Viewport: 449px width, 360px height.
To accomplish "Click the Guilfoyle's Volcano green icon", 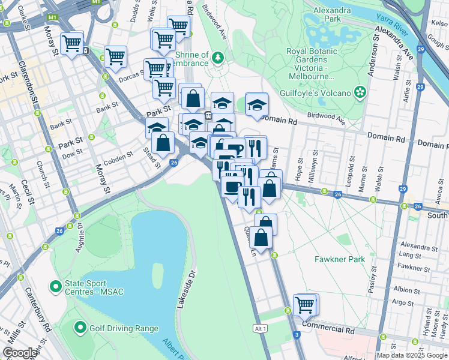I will pyautogui.click(x=360, y=92).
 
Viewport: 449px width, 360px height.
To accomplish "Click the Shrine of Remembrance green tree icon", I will pyautogui.click(x=217, y=58).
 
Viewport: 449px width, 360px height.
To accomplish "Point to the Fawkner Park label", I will pyautogui.click(x=340, y=260).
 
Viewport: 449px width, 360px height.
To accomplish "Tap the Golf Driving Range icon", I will pyautogui.click(x=80, y=328).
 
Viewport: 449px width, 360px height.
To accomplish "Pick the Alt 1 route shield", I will pyautogui.click(x=260, y=329).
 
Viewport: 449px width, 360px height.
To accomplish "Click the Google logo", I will pyautogui.click(x=20, y=353).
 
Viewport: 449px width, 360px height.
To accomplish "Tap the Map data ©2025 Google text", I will pyautogui.click(x=412, y=355).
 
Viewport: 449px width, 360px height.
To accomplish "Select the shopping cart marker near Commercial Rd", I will pyautogui.click(x=305, y=304).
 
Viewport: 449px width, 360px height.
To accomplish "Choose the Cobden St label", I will pyautogui.click(x=118, y=158).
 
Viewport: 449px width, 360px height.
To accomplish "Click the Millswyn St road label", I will pyautogui.click(x=311, y=170).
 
